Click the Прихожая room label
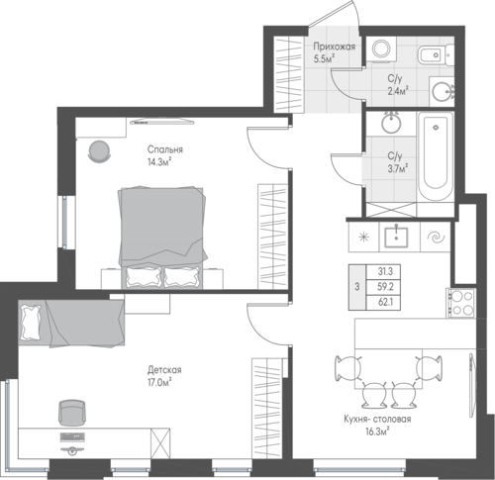(334, 47)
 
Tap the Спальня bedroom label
(165, 149)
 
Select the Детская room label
(164, 370)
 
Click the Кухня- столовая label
(377, 419)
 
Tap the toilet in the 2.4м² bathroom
(436, 54)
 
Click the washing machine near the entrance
(381, 49)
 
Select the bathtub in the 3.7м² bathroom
(436, 156)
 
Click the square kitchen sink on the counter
(396, 237)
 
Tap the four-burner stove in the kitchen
(461, 303)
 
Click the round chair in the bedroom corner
(99, 151)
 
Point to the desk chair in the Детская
(71, 413)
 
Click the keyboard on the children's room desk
(72, 437)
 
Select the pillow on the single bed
(31, 323)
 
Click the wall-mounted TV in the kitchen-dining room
(472, 386)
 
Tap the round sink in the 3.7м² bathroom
(391, 123)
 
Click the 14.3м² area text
(160, 162)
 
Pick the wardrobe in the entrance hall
(289, 74)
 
